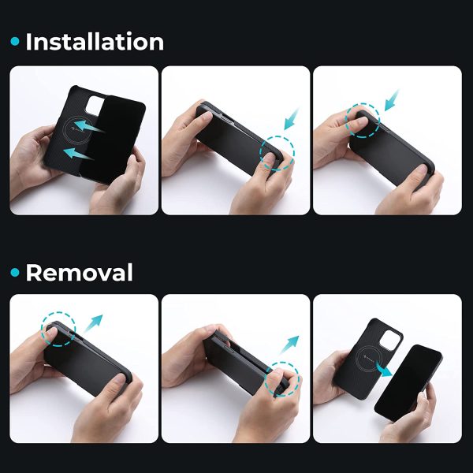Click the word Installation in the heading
[x=95, y=42]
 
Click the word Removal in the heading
[x=79, y=273]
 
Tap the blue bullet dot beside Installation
[x=15, y=41]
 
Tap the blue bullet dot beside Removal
[x=15, y=273]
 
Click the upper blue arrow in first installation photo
[x=89, y=126]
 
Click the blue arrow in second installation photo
[x=292, y=118]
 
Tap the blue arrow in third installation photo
[x=392, y=100]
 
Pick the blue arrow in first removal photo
[x=93, y=323]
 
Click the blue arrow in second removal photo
[x=289, y=345]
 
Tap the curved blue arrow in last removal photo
[x=383, y=370]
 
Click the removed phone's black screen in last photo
[x=408, y=383]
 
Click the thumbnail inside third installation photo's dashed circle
[x=360, y=121]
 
